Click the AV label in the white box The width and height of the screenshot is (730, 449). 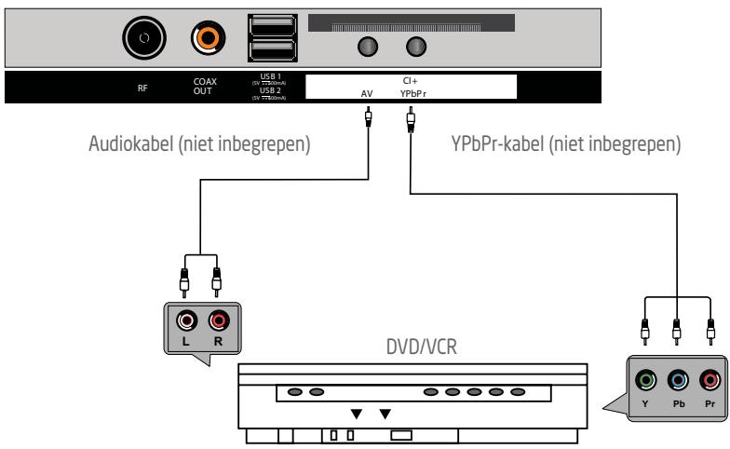[368, 93]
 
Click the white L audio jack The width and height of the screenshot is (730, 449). [188, 322]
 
